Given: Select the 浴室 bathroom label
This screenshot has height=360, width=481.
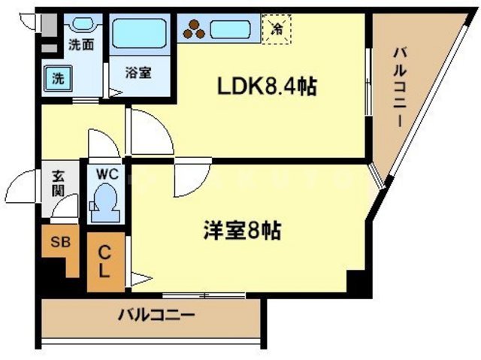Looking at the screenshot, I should [x=138, y=73].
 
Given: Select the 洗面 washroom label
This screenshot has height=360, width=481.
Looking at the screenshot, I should [x=81, y=44].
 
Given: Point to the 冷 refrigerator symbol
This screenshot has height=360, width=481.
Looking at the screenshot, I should [x=277, y=29].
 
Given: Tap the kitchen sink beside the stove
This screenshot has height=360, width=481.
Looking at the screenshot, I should [x=233, y=30].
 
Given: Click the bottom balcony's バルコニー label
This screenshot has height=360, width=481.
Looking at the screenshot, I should [x=156, y=313].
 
